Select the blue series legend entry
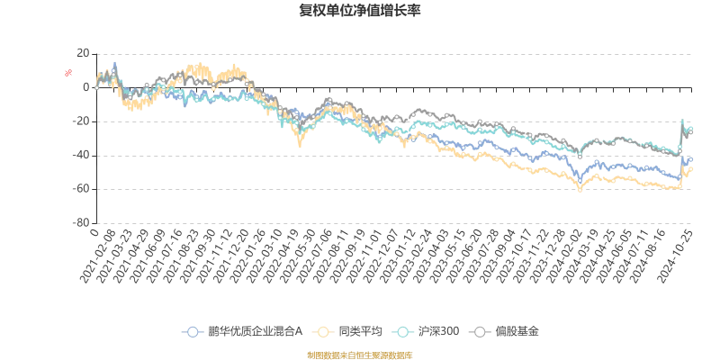(x=243, y=331)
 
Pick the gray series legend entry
(x=508, y=331)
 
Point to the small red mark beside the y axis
(x=67, y=73)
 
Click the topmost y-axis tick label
(x=84, y=54)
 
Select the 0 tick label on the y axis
(x=86, y=88)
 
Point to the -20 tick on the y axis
(x=83, y=121)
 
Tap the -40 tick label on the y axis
(x=83, y=155)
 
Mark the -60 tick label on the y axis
(x=83, y=189)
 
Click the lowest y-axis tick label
(x=83, y=222)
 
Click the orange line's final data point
(x=690, y=168)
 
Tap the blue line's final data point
(x=690, y=159)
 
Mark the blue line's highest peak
(x=114, y=65)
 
